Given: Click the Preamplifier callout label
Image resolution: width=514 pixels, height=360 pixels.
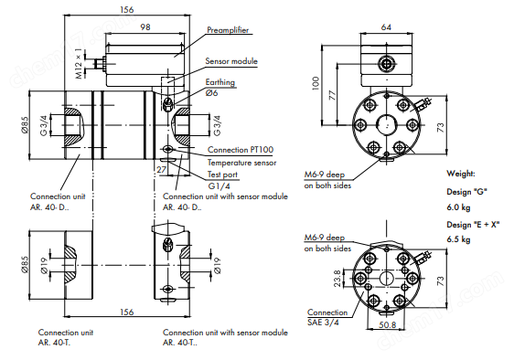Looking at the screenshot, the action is (228, 30).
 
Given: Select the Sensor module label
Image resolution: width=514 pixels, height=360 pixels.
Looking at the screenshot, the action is (231, 61).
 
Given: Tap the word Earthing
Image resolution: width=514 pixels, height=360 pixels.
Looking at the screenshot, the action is (220, 82).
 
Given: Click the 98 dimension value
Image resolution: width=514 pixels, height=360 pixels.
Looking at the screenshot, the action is (145, 26).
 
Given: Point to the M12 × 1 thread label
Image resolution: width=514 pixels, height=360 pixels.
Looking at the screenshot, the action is (79, 64).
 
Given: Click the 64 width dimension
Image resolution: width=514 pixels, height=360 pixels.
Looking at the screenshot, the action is (386, 27).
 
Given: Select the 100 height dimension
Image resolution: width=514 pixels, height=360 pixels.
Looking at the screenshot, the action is (316, 83).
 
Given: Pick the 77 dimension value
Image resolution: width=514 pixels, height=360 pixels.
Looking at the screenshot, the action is (333, 96).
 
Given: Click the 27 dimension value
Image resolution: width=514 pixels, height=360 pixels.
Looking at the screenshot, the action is (161, 169).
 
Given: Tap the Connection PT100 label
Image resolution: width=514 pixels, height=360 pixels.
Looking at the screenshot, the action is (241, 150).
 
